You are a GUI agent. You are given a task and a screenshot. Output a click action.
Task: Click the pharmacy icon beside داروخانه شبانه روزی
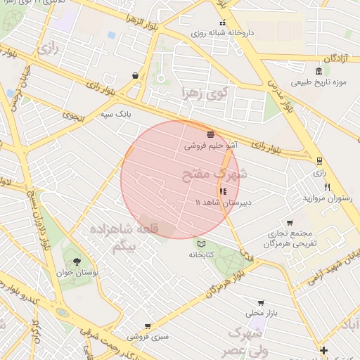tap(224, 22)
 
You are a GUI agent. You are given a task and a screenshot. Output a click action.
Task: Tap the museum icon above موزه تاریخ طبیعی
tap(319, 71)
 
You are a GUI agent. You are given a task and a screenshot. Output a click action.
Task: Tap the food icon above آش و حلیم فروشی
tap(210, 134)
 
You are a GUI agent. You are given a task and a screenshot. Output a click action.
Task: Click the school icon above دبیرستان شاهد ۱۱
tap(223, 191)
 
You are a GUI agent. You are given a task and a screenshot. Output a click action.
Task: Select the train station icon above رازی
tap(320, 160)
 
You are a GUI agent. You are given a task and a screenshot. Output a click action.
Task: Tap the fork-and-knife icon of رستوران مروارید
tap(327, 187)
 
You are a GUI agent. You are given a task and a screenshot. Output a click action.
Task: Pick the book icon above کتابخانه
tap(202, 243)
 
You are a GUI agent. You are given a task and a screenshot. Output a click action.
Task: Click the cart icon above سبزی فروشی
tap(148, 326)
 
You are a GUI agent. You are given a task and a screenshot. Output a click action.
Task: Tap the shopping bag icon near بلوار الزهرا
tap(134, 75)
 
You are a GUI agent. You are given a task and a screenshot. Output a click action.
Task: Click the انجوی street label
tap(72, 116)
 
